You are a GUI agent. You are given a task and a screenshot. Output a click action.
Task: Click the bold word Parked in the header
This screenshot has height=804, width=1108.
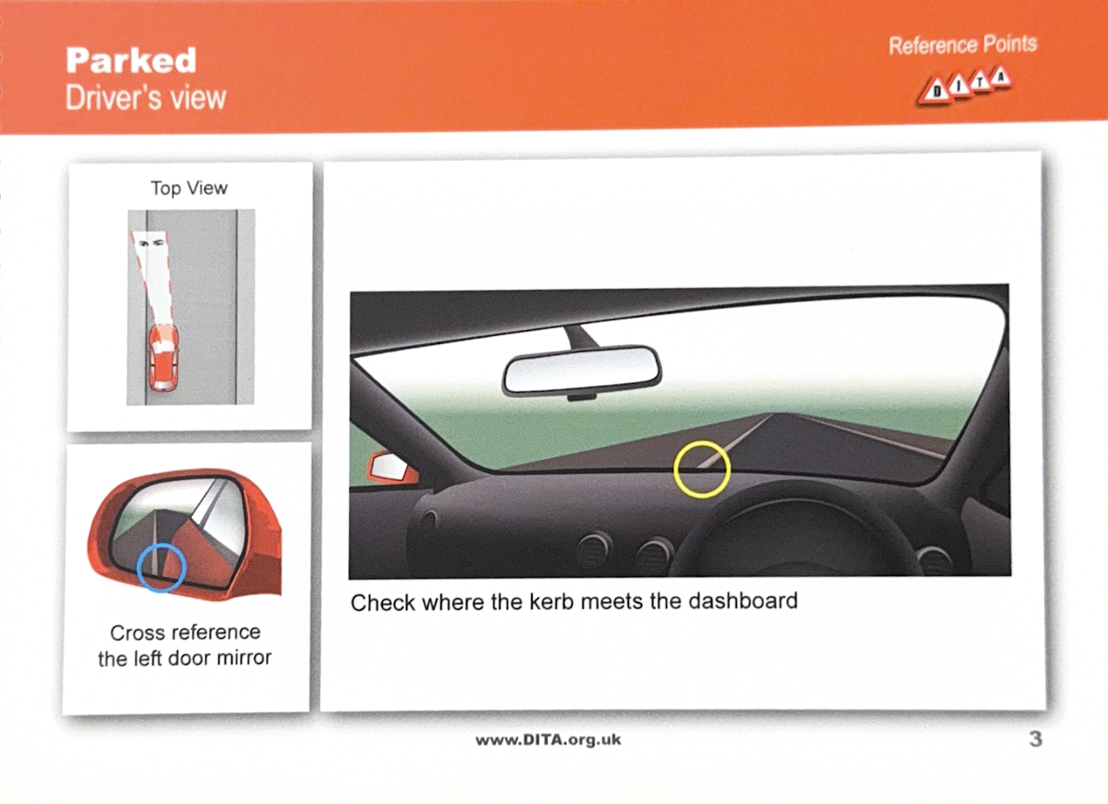(x=131, y=60)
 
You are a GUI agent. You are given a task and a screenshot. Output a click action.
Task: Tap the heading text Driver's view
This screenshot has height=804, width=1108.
(x=146, y=98)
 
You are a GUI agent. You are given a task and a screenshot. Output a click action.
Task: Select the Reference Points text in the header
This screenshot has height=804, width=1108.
(x=963, y=45)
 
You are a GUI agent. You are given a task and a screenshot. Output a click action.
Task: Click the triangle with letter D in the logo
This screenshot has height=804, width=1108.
(x=935, y=92)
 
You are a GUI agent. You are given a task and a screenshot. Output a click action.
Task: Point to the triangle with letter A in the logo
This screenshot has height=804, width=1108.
(x=1000, y=78)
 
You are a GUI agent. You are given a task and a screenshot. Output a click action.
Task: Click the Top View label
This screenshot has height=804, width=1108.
(x=189, y=188)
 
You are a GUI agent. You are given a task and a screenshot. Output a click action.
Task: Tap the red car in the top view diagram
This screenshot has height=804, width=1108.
(x=163, y=357)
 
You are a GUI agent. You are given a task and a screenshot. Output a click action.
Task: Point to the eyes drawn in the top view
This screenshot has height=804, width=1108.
(x=151, y=243)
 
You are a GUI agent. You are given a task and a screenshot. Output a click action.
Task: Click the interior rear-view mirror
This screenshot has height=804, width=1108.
(x=582, y=371)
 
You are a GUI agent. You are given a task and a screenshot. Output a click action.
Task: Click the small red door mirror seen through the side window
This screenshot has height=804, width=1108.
(x=392, y=467)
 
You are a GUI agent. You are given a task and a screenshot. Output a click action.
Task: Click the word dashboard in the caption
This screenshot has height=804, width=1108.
(x=743, y=600)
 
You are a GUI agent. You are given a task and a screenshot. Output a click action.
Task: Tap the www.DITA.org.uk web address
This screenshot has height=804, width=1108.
(x=548, y=740)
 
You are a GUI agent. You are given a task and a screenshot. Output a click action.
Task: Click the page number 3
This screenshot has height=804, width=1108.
(x=1035, y=739)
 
